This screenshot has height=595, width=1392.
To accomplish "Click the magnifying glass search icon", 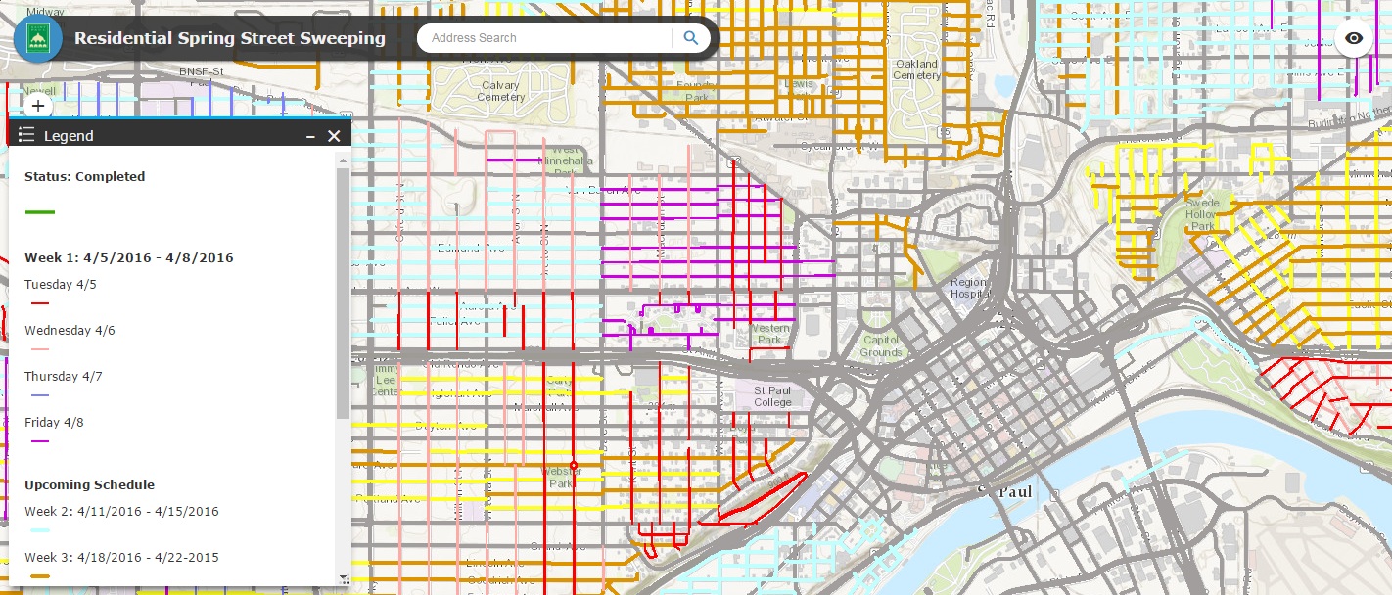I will point(691,38).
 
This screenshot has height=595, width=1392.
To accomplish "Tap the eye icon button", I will point(1354,38).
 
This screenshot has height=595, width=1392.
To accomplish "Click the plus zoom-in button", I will point(38,106).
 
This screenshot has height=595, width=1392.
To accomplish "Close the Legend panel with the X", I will point(334,136).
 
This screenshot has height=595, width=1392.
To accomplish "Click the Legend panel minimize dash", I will point(310,136).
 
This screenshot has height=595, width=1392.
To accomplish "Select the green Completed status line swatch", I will point(40,211).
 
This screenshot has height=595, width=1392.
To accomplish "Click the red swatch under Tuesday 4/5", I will point(40,303).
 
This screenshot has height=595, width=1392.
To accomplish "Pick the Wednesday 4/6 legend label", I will point(70,330).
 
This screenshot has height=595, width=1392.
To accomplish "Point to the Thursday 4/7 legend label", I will point(64,376).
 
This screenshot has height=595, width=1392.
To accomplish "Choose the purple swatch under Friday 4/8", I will point(40,441).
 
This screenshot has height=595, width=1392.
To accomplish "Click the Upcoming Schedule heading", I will point(89,484).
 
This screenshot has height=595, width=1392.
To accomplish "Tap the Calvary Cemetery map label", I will point(500,91).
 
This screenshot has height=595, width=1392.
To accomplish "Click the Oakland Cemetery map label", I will point(916,69).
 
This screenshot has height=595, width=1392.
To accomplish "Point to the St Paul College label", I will point(772,396).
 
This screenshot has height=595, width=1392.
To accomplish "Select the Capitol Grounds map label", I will point(881,346).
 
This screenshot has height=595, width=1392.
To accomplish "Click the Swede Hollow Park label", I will point(1203,215).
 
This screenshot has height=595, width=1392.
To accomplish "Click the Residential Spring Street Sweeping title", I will point(230,39).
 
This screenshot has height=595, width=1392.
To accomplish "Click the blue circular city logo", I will point(38,38).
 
